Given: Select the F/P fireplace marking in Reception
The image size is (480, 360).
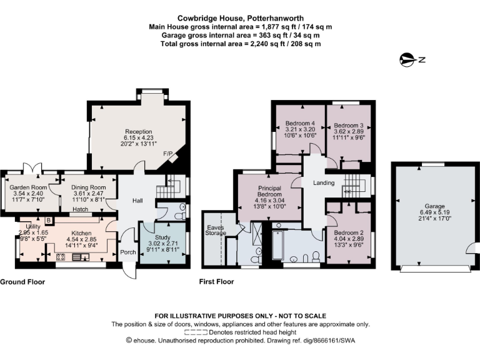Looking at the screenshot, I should click(x=167, y=153).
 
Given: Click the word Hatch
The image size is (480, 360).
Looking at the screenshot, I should click(x=79, y=209).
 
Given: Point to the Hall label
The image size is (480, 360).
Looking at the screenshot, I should click(x=137, y=201).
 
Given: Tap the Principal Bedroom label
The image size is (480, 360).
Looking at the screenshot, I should click(x=268, y=190).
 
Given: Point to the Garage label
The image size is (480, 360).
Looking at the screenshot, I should click(x=434, y=206).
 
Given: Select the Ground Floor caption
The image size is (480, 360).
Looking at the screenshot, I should click(x=22, y=282).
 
